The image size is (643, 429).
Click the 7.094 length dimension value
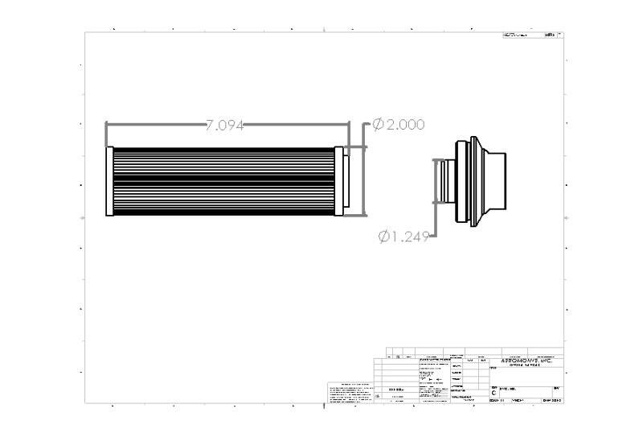pyautogui.click(x=224, y=125)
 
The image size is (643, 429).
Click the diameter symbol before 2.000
pyautogui.click(x=376, y=125)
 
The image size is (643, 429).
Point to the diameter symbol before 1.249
pyautogui.click(x=383, y=236)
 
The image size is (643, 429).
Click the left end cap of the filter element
pyautogui.click(x=109, y=182)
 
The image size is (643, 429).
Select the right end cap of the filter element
pyautogui.click(x=338, y=182)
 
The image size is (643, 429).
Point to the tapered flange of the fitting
pyautogui.click(x=478, y=182)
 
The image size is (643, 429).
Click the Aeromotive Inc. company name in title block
pyautogui.click(x=526, y=361)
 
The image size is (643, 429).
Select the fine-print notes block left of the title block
pyautogui.click(x=349, y=393)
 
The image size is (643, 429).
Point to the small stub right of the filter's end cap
pyautogui.click(x=346, y=182)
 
